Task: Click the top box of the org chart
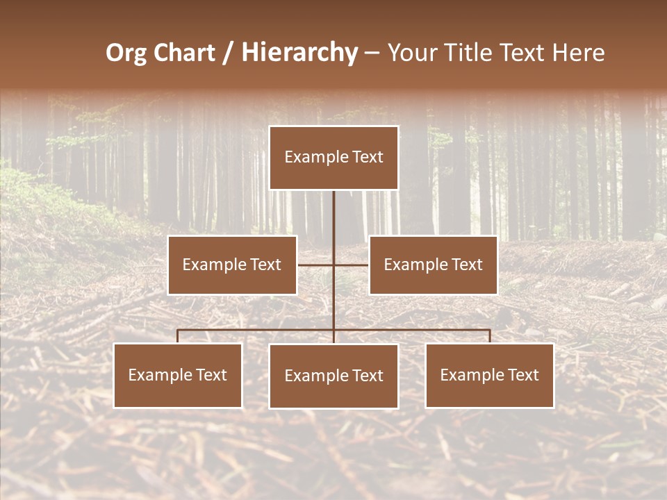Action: [333, 158]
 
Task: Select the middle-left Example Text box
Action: [232, 265]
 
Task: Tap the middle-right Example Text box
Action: [433, 265]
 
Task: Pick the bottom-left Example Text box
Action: [178, 375]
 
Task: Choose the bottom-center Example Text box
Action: [333, 376]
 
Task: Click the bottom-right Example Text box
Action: [489, 375]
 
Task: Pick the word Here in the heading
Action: [578, 53]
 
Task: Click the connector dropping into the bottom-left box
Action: [178, 337]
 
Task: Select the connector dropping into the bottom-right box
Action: [490, 337]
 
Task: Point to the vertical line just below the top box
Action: [333, 208]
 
